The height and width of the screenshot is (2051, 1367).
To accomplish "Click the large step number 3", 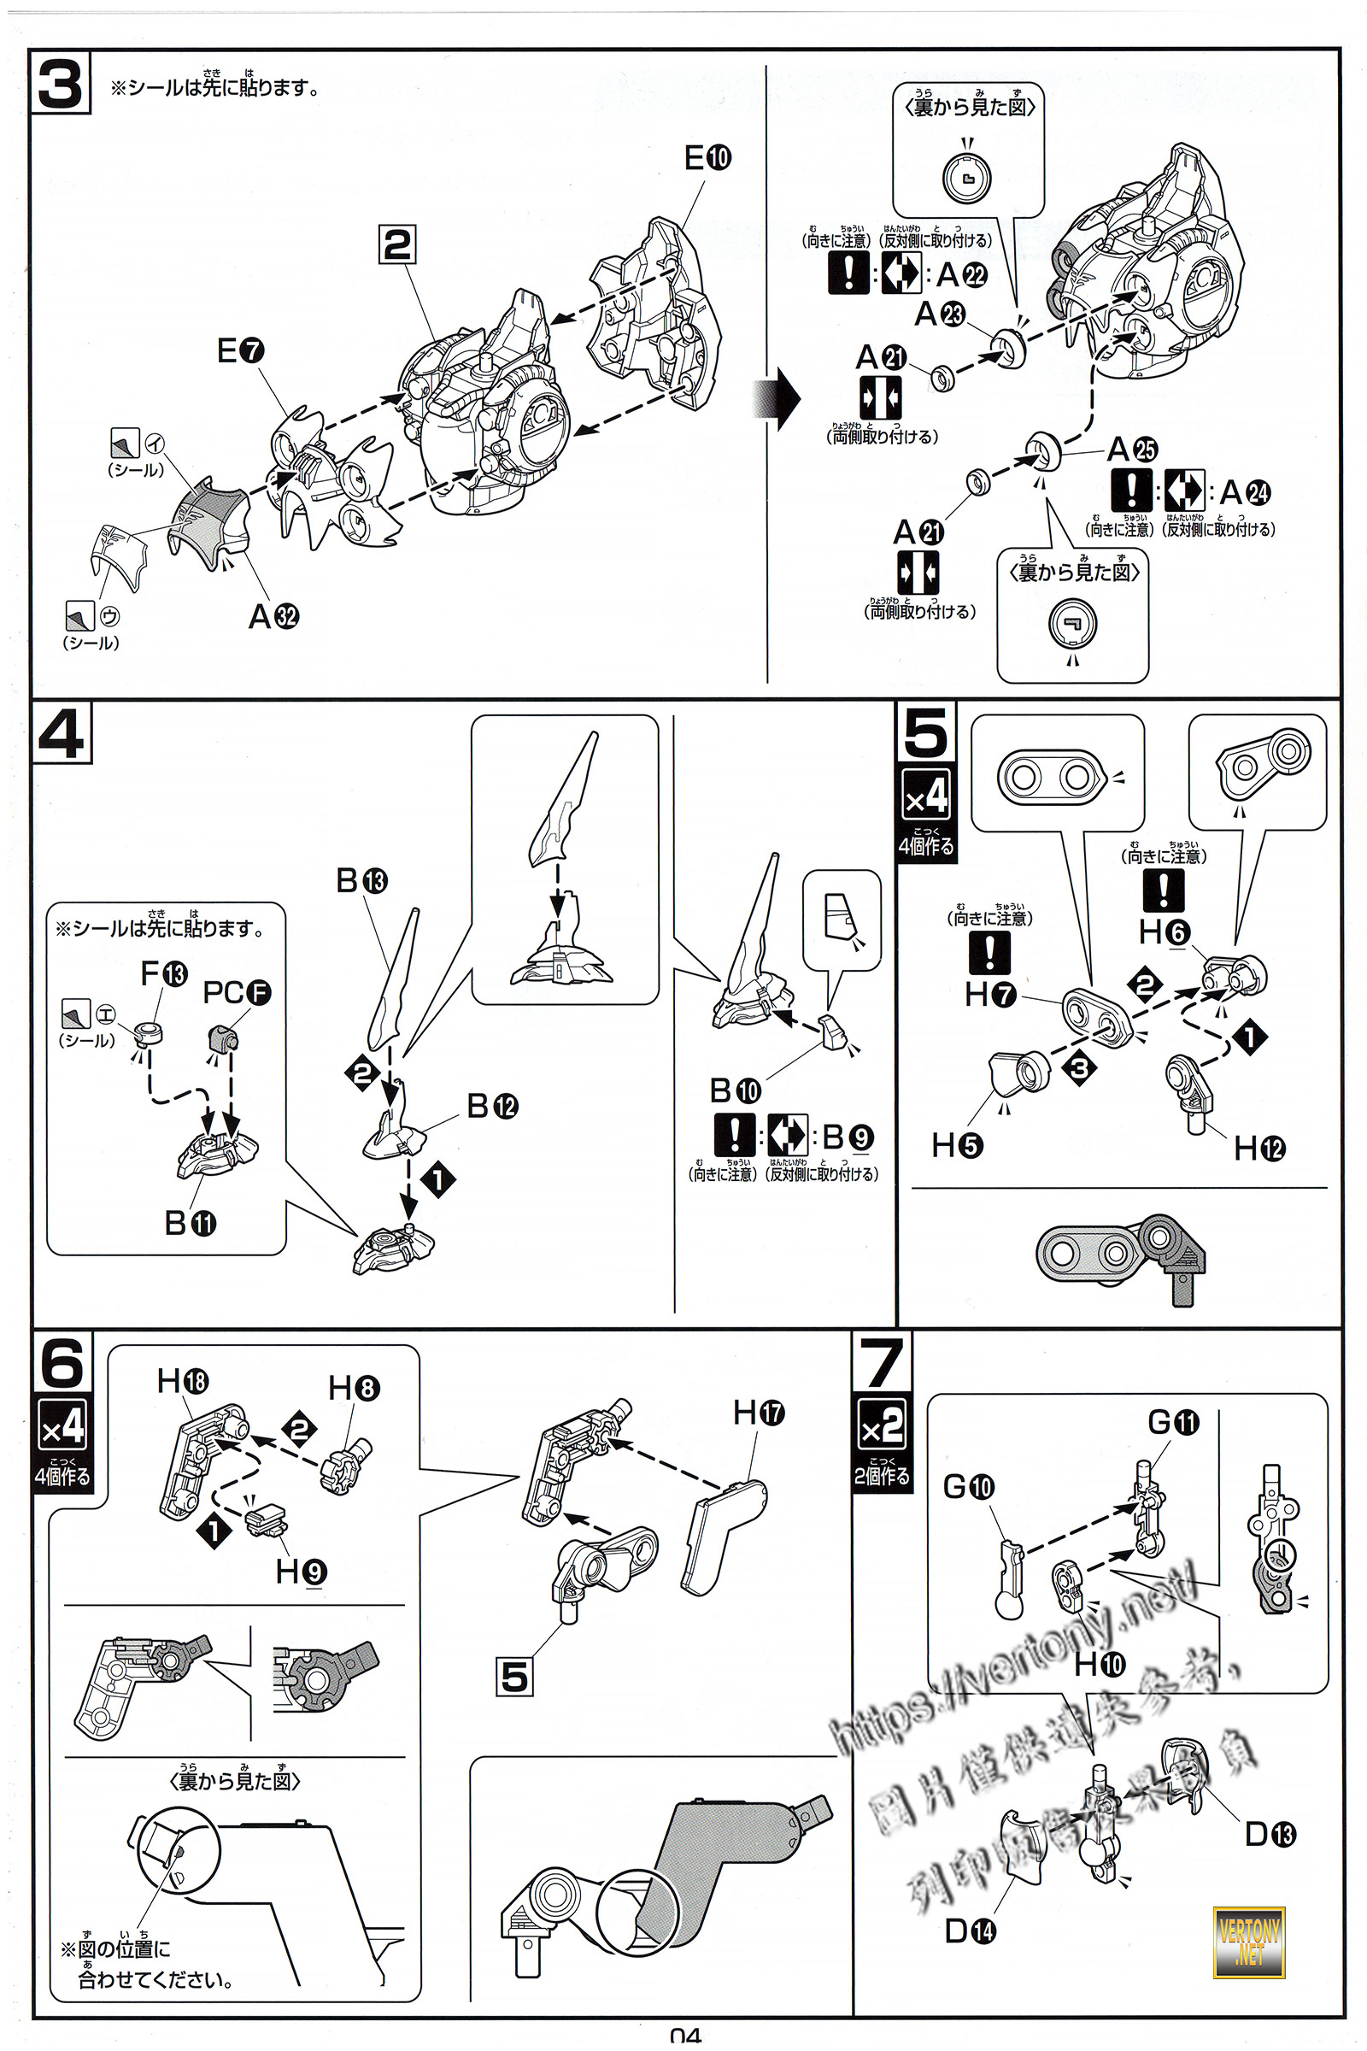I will tap(60, 84).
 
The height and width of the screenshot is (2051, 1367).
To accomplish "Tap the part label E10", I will tap(707, 158).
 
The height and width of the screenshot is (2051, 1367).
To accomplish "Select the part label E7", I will tap(240, 350).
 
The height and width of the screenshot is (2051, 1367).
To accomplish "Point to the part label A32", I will tap(273, 616).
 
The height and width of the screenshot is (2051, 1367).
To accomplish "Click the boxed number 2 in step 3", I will tap(397, 244).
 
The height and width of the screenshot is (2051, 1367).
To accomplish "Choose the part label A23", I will tap(939, 314).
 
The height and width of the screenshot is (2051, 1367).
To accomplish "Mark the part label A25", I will tap(1131, 450).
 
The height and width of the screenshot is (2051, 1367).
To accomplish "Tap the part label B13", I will tap(361, 881).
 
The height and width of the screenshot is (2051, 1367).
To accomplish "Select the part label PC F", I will tap(237, 992).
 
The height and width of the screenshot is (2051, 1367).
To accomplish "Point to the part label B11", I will tap(190, 1224).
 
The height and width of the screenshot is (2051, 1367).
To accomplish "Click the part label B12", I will tap(493, 1107).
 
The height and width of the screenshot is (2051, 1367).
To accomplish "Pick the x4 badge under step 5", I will tap(926, 796).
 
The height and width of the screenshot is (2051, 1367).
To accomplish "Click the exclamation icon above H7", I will tap(989, 951).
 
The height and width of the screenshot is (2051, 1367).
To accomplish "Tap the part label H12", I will tap(1258, 1149).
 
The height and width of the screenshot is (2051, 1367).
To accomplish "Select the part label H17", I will tap(759, 1412).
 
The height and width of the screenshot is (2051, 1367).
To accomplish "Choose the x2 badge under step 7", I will tap(882, 1425).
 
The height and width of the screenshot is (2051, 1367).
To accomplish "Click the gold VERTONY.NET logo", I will tap(1249, 1942).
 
